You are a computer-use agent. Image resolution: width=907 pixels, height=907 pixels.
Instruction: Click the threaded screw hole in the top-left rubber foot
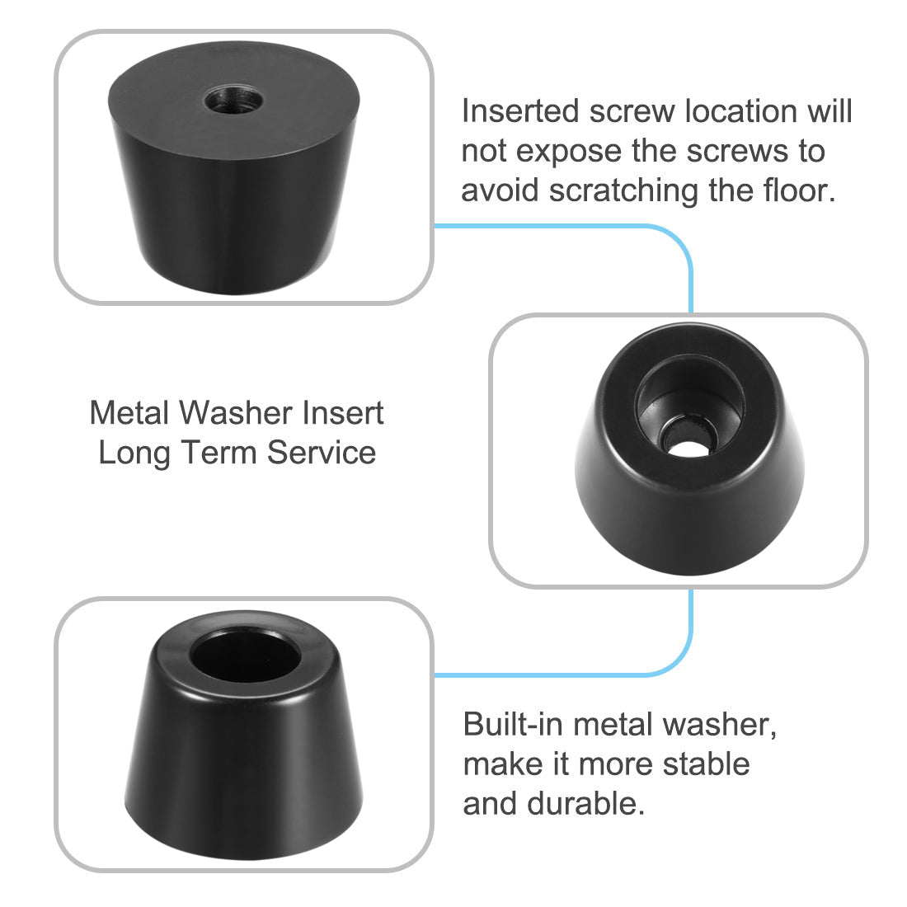pos(235,103)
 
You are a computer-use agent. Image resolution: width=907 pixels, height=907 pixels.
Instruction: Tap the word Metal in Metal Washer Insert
pos(131,412)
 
